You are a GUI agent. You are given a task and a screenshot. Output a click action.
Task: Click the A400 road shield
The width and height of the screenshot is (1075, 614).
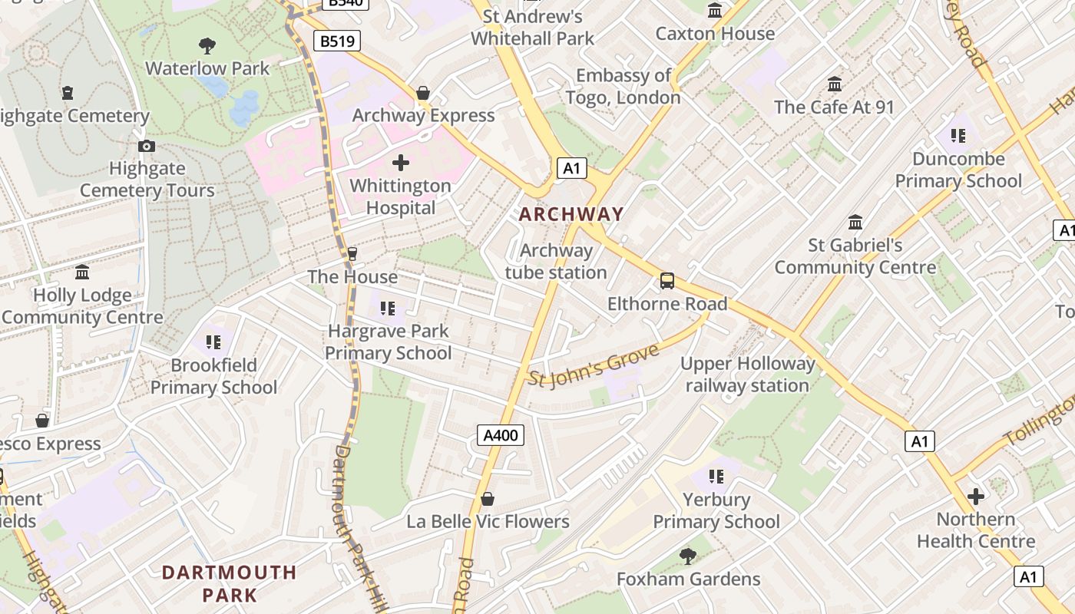pyautogui.click(x=501, y=435)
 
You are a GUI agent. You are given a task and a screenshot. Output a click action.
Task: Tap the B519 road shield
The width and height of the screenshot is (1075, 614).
pyautogui.click(x=337, y=41)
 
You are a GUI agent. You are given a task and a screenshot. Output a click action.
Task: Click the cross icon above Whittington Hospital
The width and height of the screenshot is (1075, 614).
pyautogui.click(x=401, y=163)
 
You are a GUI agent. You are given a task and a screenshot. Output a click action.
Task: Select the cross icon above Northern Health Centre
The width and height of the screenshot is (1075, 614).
pyautogui.click(x=975, y=497)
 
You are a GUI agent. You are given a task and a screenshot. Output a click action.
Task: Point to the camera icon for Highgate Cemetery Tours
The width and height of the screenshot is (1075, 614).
pyautogui.click(x=147, y=146)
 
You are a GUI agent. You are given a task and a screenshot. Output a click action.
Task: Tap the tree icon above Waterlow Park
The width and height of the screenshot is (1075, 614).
pyautogui.click(x=207, y=45)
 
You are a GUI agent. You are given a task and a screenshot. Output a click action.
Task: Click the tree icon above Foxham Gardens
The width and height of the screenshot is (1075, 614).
pyautogui.click(x=688, y=556)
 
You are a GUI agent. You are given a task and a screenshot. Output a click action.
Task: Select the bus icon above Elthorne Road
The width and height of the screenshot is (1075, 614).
pyautogui.click(x=667, y=281)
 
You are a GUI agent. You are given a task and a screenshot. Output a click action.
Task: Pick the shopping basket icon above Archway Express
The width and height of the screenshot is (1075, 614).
pyautogui.click(x=423, y=93)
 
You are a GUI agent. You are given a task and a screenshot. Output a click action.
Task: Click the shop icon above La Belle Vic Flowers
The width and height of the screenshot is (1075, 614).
pyautogui.click(x=488, y=500)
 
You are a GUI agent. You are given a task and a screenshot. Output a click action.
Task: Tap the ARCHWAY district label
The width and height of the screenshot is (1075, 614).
pyautogui.click(x=571, y=214)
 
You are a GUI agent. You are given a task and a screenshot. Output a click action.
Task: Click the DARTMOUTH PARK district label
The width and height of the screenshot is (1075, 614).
pyautogui.click(x=230, y=583)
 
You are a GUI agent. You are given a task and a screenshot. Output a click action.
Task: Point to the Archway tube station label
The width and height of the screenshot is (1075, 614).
pyautogui.click(x=556, y=262)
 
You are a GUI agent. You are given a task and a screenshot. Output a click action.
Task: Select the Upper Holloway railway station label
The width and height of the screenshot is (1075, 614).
pyautogui.click(x=747, y=375)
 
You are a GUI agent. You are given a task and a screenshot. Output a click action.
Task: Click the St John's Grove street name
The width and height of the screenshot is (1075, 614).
pyautogui.click(x=594, y=366)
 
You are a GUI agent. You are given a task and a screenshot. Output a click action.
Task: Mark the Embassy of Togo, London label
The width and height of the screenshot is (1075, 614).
pyautogui.click(x=623, y=87)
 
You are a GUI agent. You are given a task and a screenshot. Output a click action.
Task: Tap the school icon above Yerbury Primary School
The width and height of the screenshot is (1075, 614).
pyautogui.click(x=716, y=477)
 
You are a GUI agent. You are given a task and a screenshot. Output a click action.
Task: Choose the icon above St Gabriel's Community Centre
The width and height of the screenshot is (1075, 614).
pyautogui.click(x=855, y=223)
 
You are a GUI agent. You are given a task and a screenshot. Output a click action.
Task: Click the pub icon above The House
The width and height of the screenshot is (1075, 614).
pyautogui.click(x=352, y=253)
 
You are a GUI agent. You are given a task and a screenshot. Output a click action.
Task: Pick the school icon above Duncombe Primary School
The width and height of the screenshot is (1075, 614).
pyautogui.click(x=958, y=136)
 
